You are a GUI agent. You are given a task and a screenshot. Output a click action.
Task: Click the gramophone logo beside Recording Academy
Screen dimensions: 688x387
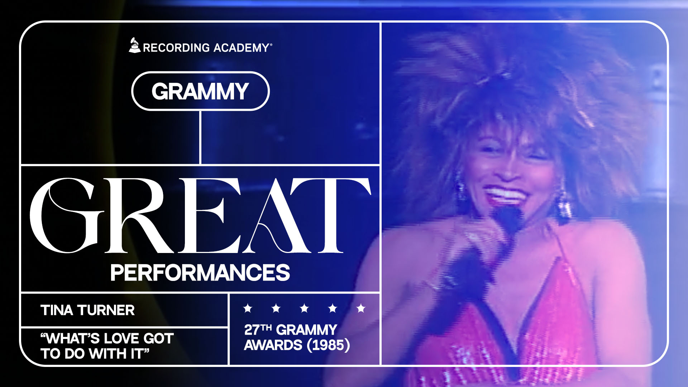134,45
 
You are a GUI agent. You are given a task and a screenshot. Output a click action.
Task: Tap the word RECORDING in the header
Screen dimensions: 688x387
176,48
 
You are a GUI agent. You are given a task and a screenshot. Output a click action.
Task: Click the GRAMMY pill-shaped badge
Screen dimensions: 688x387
200,91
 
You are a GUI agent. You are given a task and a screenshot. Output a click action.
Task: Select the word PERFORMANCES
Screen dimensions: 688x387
200,273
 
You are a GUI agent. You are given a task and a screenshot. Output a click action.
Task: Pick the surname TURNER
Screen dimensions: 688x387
106,310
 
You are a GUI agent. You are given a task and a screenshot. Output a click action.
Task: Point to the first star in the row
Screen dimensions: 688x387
248,308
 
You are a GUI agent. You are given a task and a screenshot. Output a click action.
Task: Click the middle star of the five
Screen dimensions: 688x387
304,308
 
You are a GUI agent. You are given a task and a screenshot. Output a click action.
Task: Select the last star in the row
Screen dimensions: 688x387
361,308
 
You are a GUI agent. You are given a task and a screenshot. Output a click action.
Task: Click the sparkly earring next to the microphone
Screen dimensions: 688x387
563,204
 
